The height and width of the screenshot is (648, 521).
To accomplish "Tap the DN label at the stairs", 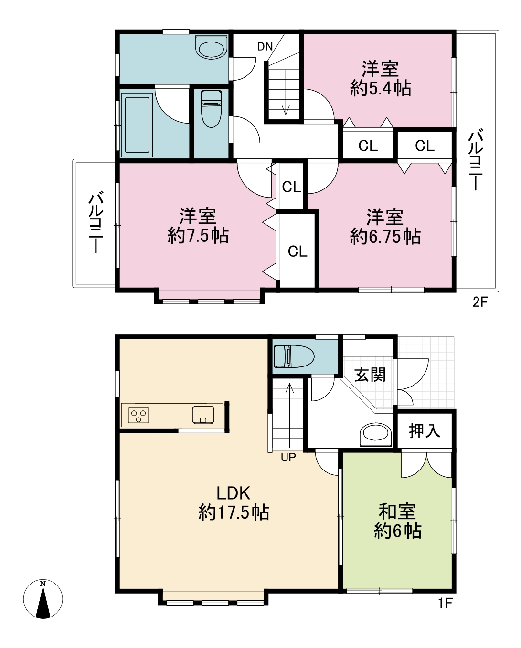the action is pyautogui.click(x=265, y=47).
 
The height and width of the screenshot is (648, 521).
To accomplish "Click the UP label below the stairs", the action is pyautogui.click(x=288, y=457).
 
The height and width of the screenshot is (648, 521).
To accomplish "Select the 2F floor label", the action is pyautogui.click(x=480, y=302).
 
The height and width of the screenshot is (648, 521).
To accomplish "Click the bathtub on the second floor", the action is pyautogui.click(x=137, y=125).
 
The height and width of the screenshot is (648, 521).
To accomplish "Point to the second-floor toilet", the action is pyautogui.click(x=211, y=109).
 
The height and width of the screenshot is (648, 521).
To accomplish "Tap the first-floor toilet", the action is pyautogui.click(x=294, y=356).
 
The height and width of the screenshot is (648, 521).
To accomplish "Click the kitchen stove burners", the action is pyautogui.click(x=138, y=415).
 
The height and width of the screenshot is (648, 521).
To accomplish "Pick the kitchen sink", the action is pyautogui.click(x=203, y=415).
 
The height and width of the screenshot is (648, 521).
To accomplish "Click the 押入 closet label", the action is pyautogui.click(x=424, y=430).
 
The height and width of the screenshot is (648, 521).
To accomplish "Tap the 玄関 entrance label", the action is pyautogui.click(x=370, y=375).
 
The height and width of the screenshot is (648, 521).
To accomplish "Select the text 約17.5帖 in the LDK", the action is pyautogui.click(x=234, y=512).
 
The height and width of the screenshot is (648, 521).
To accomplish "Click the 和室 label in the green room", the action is pyautogui.click(x=397, y=511).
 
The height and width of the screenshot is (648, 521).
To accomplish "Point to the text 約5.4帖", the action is pyautogui.click(x=381, y=88).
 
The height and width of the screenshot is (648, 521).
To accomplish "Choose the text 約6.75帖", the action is pyautogui.click(x=385, y=236).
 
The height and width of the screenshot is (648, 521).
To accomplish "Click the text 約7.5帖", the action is pyautogui.click(x=198, y=235).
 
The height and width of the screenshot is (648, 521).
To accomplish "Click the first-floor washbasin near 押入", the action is pyautogui.click(x=375, y=435).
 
